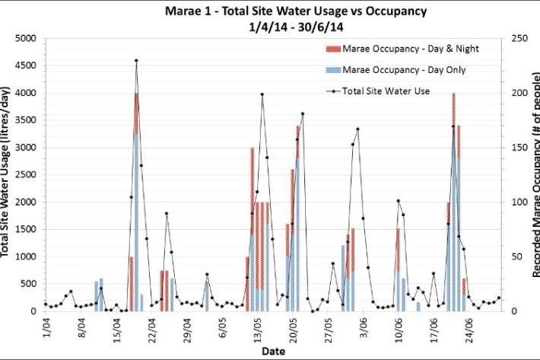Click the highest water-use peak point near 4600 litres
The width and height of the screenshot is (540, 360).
tap(136, 60)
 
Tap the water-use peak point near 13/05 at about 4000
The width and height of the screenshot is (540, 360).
tap(262, 94)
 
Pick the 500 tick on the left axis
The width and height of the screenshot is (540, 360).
tap(29, 284)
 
